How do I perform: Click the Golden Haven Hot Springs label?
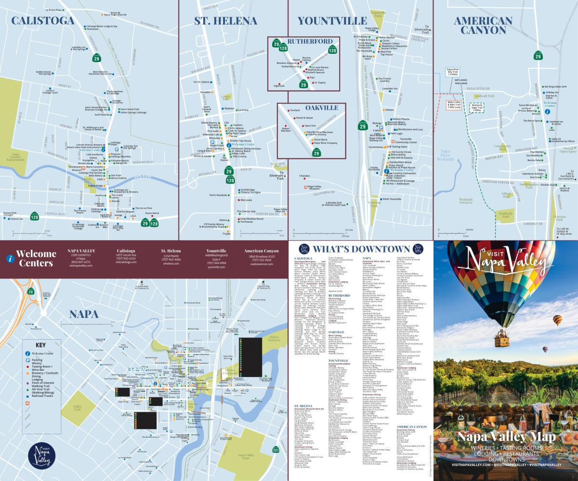44,73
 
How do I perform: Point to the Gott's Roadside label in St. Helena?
218,195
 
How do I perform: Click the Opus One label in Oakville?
310,125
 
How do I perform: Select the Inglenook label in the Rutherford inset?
279,86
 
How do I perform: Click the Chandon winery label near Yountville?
305,177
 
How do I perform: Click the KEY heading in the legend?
41,345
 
